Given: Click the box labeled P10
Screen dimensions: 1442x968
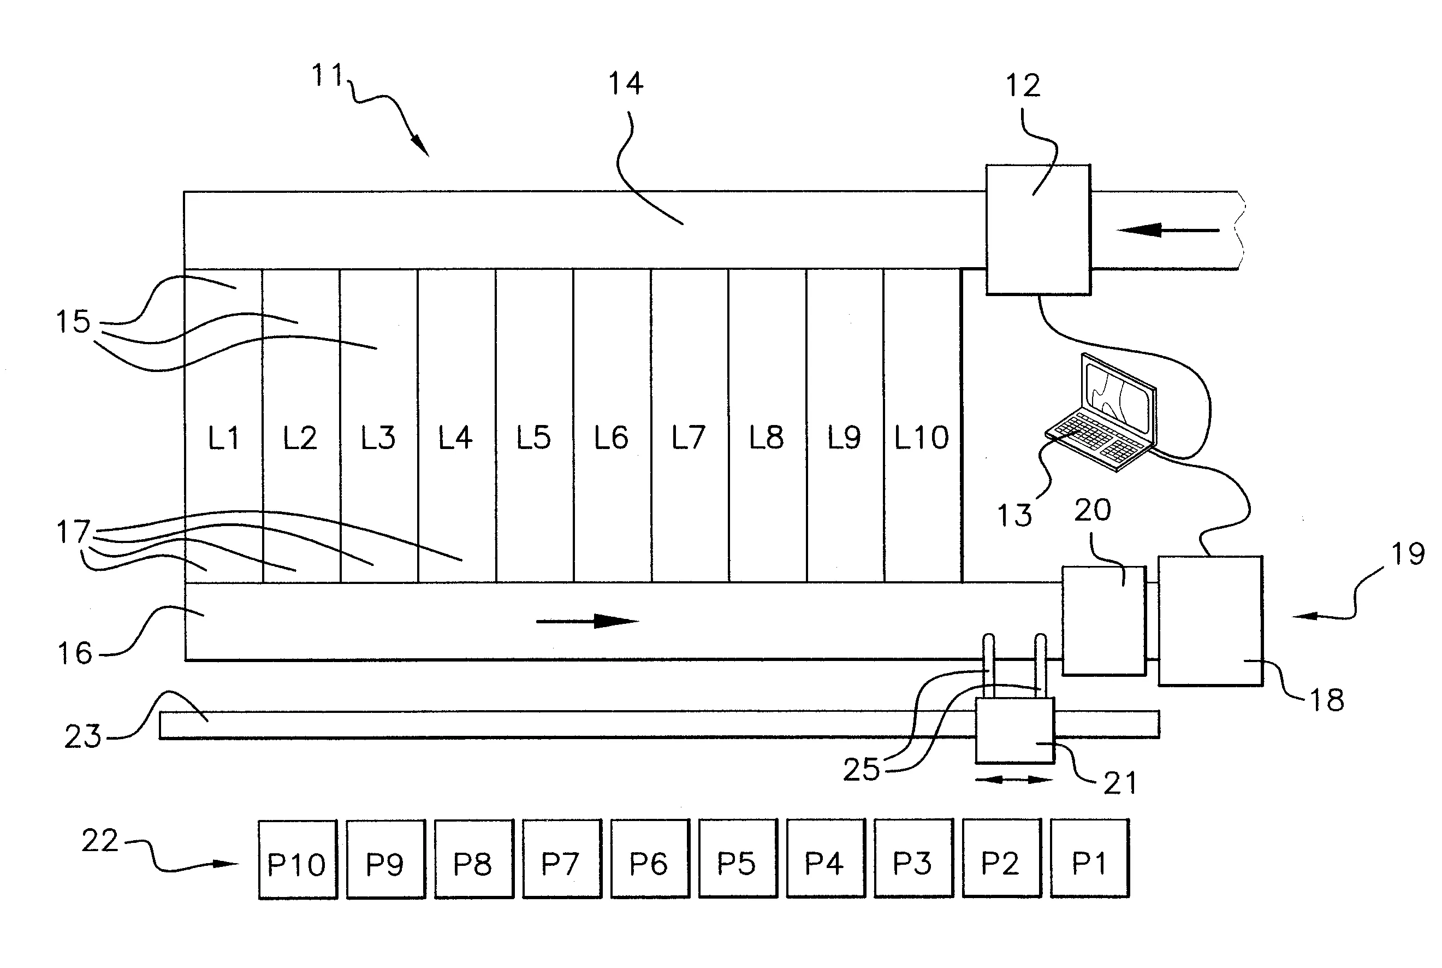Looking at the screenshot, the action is click(298, 859).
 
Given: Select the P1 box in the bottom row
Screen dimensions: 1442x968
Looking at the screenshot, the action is click(1090, 858).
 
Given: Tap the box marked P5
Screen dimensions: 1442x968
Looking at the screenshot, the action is click(738, 858).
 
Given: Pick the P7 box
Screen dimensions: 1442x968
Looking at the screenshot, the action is click(562, 858).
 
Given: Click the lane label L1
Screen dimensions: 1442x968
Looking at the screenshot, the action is click(223, 438).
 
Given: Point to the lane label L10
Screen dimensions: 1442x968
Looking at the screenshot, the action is click(922, 438).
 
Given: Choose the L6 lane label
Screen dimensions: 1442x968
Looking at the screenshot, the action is click(611, 438).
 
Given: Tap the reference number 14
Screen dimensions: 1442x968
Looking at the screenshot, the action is click(626, 84).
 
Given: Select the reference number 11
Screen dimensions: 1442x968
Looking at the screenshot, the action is click(327, 76).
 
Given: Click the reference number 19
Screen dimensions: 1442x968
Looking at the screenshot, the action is click(1408, 554).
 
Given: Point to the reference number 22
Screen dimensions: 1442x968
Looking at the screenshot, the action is click(100, 841).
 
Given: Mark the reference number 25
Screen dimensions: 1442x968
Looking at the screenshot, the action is click(862, 770).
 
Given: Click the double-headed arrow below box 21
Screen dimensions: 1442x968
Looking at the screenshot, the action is click(1014, 780).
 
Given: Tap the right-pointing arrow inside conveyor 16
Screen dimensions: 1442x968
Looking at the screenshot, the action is click(588, 621).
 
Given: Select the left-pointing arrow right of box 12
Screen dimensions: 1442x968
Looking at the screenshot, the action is click(1168, 231).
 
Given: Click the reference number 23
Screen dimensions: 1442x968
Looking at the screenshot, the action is click(82, 736).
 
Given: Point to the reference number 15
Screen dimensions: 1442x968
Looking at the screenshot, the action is click(73, 322).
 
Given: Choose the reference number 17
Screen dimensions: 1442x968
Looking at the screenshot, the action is click(73, 532).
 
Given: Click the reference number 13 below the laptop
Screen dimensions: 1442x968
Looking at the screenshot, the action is click(1014, 516).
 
